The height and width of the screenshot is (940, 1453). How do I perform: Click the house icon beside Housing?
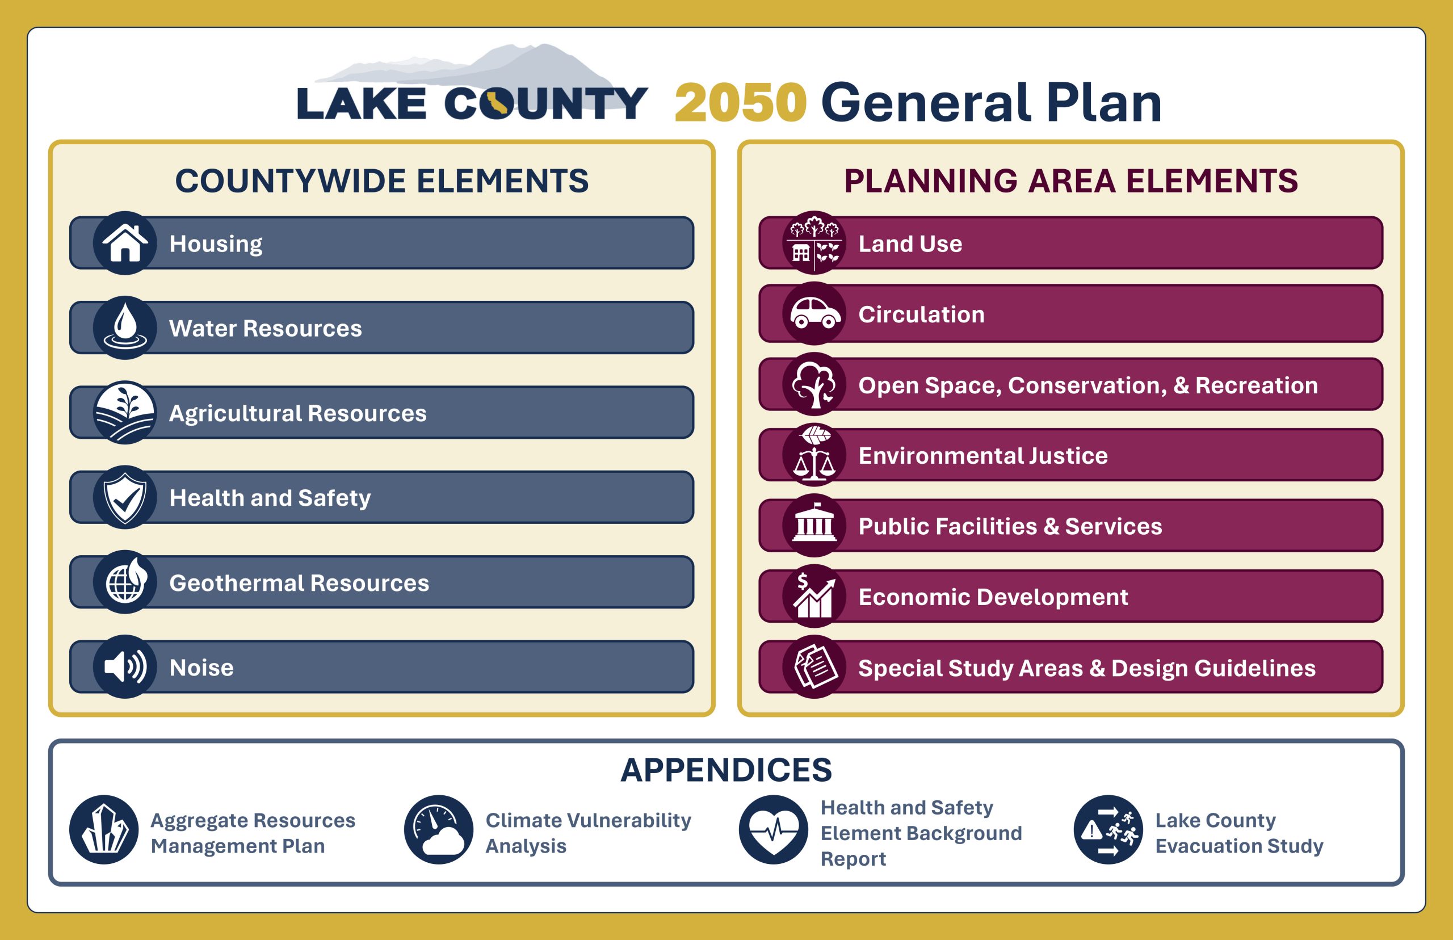[125, 243]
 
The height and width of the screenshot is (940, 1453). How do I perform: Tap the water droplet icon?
[125, 328]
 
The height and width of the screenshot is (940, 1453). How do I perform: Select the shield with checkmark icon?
[125, 497]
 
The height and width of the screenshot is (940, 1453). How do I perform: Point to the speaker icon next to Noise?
[125, 667]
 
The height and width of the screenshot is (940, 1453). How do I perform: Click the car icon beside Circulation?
[814, 314]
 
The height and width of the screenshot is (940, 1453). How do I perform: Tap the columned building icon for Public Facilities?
[814, 526]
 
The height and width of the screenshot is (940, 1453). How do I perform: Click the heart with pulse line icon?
[774, 829]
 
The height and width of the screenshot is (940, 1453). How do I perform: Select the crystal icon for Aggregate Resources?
[104, 829]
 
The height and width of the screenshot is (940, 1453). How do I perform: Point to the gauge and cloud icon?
[439, 829]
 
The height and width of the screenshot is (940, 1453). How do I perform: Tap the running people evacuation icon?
[1108, 829]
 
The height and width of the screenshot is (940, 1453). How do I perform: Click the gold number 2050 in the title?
[741, 103]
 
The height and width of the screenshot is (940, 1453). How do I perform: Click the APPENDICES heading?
[726, 770]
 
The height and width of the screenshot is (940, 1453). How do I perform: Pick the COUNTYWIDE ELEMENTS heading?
[382, 181]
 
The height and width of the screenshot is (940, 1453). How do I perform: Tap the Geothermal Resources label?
[299, 583]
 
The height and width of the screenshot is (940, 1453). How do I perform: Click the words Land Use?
[910, 244]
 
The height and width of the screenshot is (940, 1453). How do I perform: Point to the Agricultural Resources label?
[298, 414]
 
